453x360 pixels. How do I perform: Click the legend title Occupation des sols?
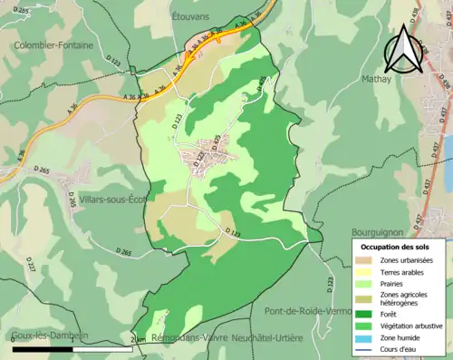(397, 247)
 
